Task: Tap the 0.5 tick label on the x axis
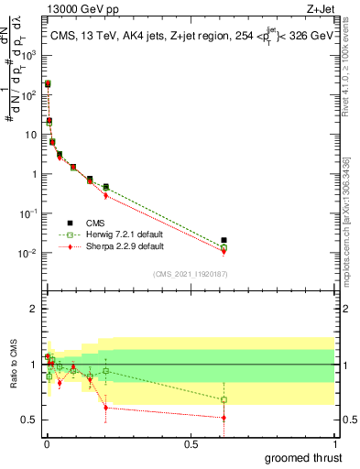coord(191,443)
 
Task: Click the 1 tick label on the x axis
coord(335,443)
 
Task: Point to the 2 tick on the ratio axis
coord(36,310)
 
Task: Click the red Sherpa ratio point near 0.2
coord(106,408)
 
